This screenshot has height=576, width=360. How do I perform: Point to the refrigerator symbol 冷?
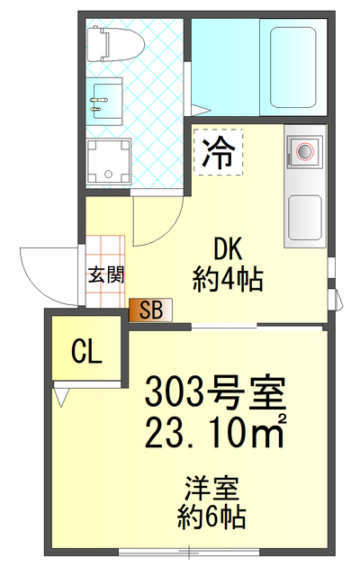(x=215, y=153)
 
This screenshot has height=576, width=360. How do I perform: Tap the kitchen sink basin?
(x=305, y=214)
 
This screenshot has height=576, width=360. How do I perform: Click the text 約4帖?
(x=228, y=280)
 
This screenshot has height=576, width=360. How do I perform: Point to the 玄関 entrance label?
(x=105, y=275)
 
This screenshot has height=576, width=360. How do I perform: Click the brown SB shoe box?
(x=150, y=311)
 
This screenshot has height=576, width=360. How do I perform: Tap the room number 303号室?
(x=215, y=393)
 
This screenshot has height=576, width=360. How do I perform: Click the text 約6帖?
(x=212, y=517)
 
